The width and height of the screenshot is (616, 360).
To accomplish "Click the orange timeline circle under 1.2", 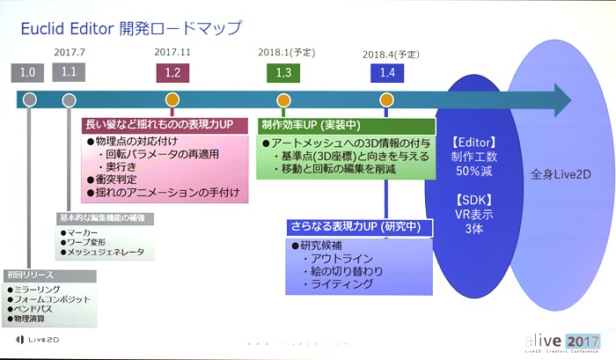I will tap(172, 99).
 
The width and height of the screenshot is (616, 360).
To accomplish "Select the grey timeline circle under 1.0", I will tap(30, 99).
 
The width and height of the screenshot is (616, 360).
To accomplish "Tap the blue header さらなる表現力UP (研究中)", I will tap(361, 226).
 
